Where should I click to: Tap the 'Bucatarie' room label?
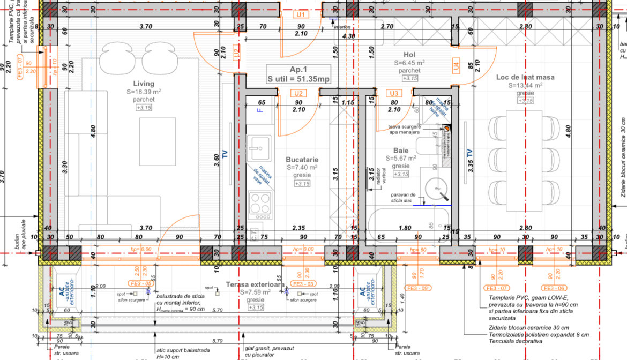coord(302,160)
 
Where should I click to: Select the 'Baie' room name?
coord(400,151)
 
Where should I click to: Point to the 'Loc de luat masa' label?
coord(525,77)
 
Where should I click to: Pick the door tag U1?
coord(301,14)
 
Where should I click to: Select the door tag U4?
coord(456,66)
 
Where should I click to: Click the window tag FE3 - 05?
coord(139,283)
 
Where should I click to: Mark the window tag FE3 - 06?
coord(554,289)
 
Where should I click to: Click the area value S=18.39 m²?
coord(144,92)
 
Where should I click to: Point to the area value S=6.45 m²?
coord(409,63)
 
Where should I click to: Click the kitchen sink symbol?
coord(260,144)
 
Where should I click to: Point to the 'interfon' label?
coord(343,26)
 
